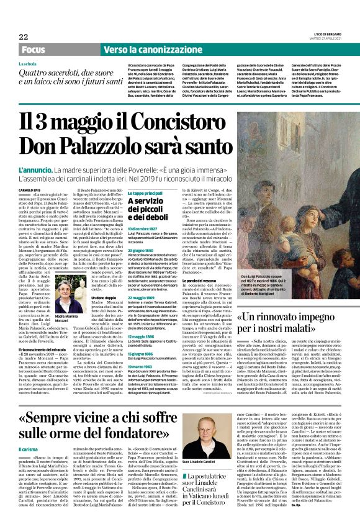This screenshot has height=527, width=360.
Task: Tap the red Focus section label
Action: [x=35, y=49]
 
